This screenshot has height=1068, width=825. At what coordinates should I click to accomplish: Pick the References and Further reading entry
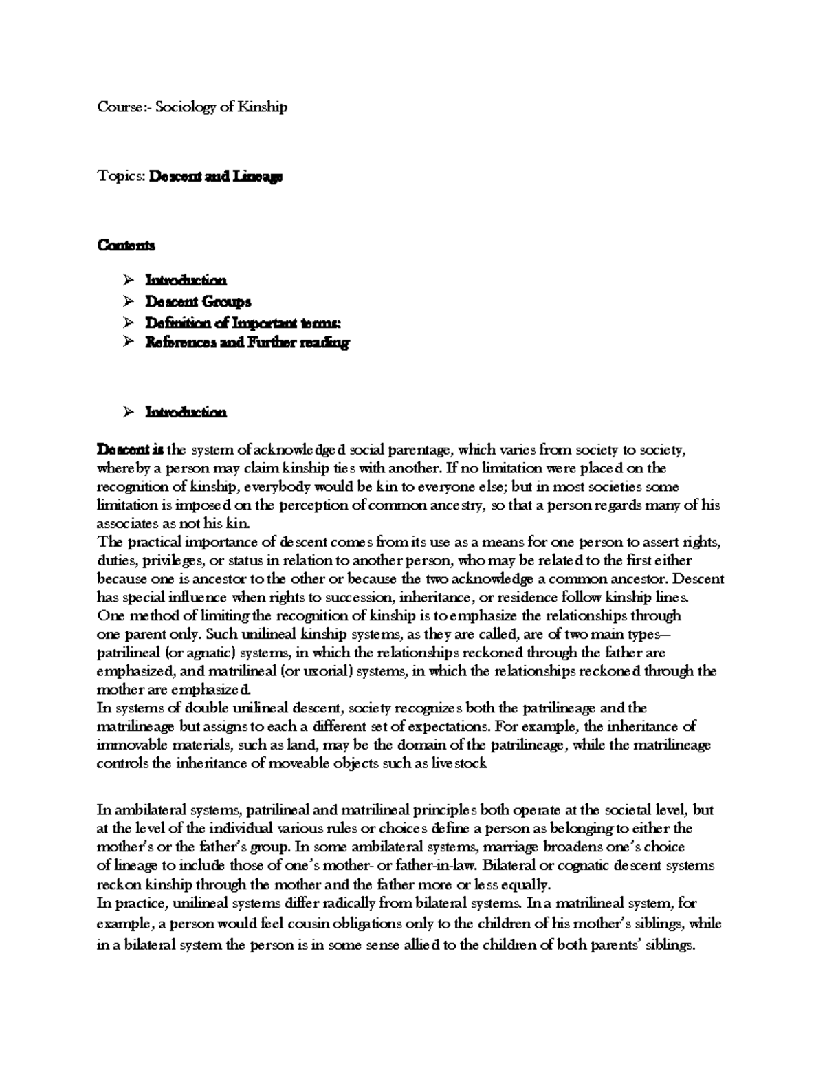click(x=247, y=342)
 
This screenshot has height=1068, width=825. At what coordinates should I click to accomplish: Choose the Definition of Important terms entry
click(x=243, y=322)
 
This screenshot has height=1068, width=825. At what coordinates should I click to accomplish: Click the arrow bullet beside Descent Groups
click(x=127, y=301)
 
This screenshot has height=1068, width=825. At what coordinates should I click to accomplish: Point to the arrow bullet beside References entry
click(x=127, y=342)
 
